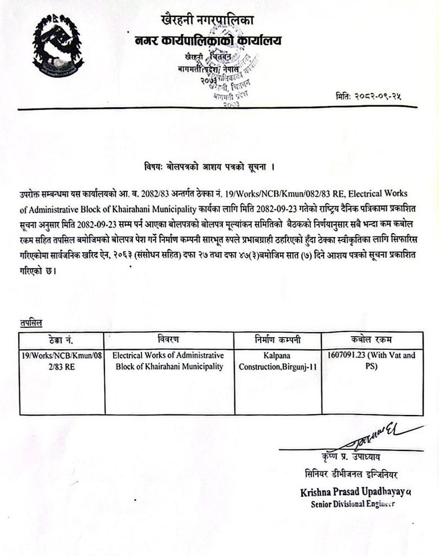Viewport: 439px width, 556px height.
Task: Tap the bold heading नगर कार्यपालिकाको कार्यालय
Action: point(208,40)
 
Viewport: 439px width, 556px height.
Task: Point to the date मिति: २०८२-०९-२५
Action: point(368,96)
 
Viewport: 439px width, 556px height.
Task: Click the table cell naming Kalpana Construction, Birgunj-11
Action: point(278,361)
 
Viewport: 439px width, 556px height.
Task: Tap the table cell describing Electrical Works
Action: point(168,361)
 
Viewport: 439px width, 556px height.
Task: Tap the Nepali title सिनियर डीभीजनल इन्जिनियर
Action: point(351,474)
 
